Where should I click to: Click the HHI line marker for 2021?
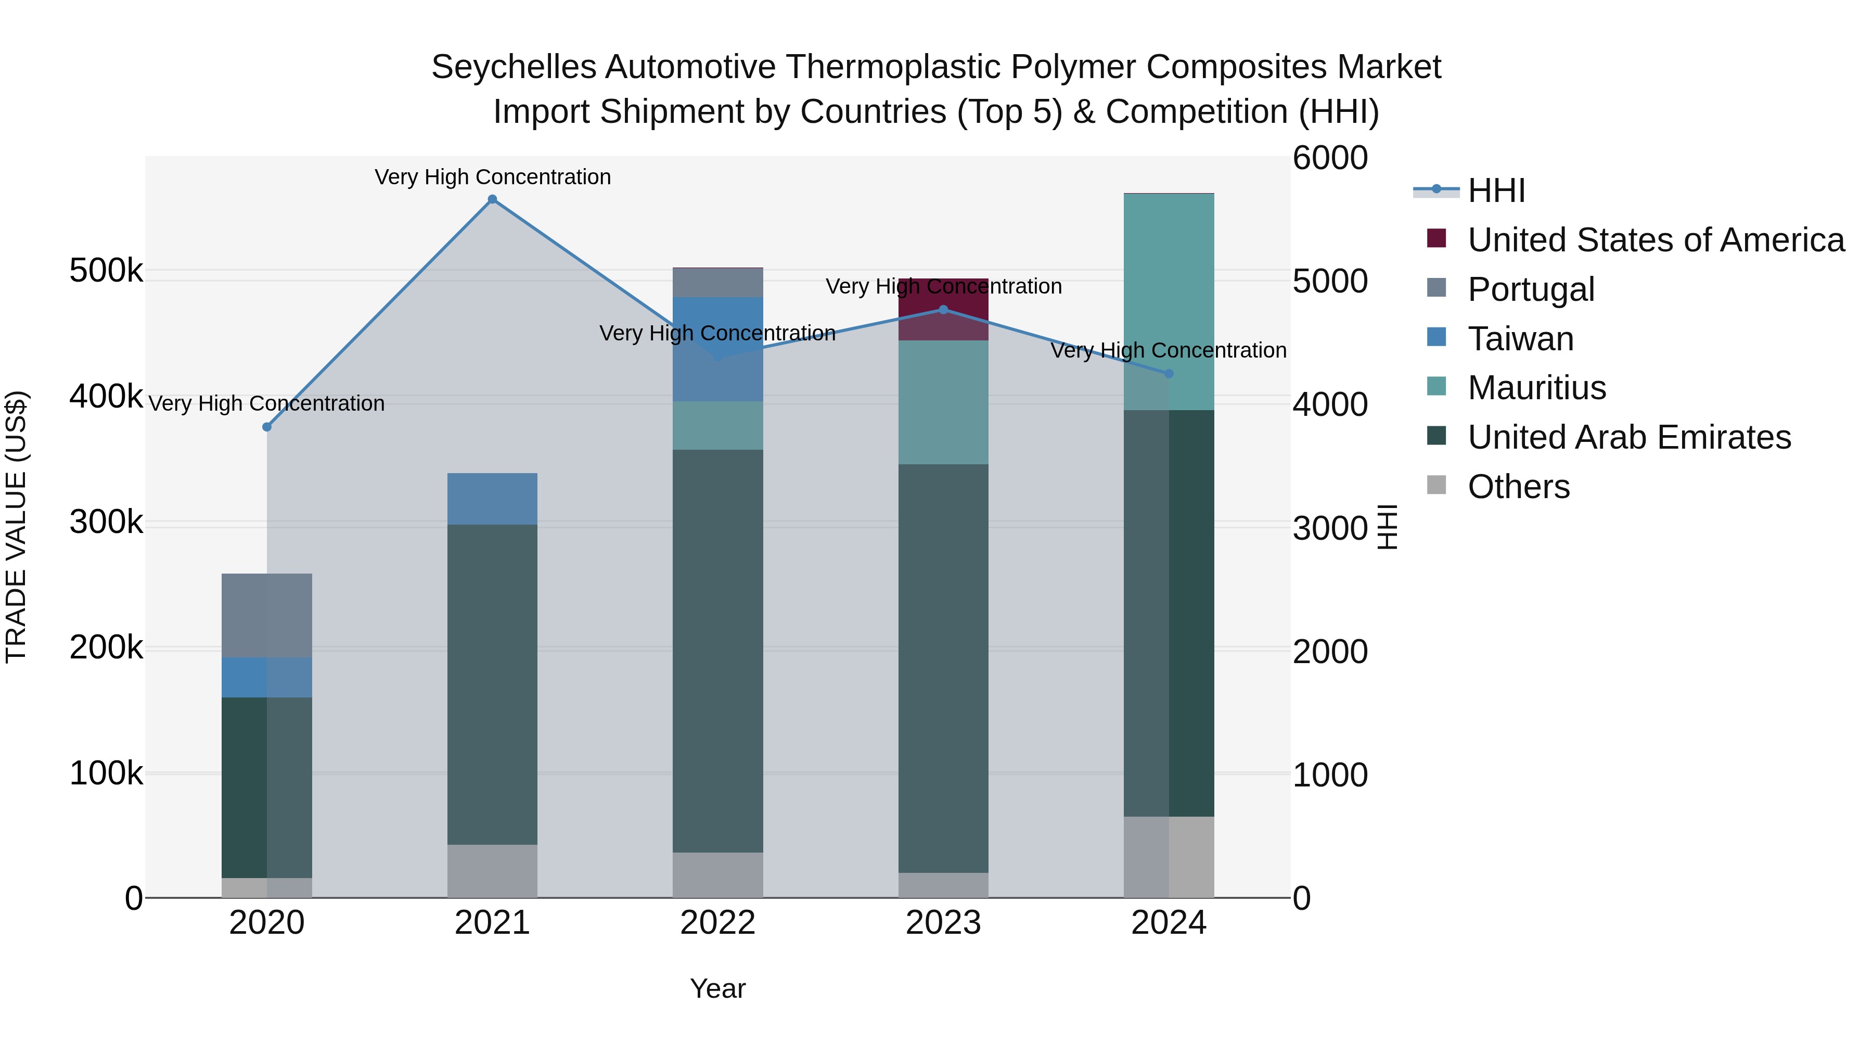click(492, 199)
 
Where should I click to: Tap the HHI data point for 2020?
click(267, 427)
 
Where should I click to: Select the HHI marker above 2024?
click(1169, 374)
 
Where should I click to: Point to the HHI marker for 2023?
click(944, 310)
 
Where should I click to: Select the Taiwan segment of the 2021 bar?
click(492, 499)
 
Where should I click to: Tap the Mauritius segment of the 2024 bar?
click(1169, 301)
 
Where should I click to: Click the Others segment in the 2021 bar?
click(492, 871)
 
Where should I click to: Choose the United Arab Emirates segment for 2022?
click(717, 651)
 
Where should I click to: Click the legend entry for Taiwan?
click(1520, 339)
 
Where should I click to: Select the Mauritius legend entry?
click(1536, 388)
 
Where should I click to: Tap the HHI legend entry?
click(1496, 191)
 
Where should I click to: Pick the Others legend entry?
click(1518, 487)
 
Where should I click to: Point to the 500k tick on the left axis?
click(106, 271)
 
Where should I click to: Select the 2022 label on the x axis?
click(717, 923)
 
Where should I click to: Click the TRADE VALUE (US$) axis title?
click(16, 527)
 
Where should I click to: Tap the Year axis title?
click(717, 988)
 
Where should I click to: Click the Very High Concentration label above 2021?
click(492, 177)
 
